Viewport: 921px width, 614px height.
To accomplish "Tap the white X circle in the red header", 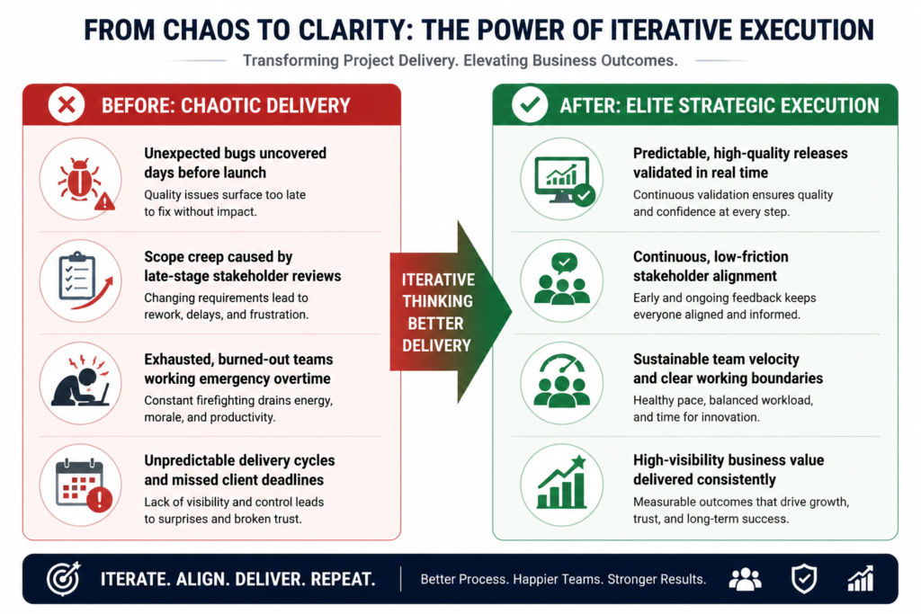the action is coord(67,105).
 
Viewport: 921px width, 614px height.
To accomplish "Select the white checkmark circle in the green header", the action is coord(530,104).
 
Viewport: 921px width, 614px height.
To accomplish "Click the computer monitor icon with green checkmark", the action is coord(564,181).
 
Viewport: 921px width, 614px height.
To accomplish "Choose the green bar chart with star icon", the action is coord(562,482).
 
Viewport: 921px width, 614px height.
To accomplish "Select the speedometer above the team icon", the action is coord(563,364).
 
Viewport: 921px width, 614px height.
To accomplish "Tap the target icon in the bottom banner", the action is coord(64,579).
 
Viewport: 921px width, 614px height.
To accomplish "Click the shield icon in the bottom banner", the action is coord(803,579).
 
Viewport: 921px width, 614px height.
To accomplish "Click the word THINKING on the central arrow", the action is coord(437,301).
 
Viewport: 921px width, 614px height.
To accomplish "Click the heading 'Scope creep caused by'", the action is coord(219,257).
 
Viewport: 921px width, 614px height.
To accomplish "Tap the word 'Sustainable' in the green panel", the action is coord(670,360).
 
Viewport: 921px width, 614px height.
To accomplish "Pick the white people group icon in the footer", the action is coord(746,579).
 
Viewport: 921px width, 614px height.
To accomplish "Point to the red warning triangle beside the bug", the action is coord(104,202).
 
